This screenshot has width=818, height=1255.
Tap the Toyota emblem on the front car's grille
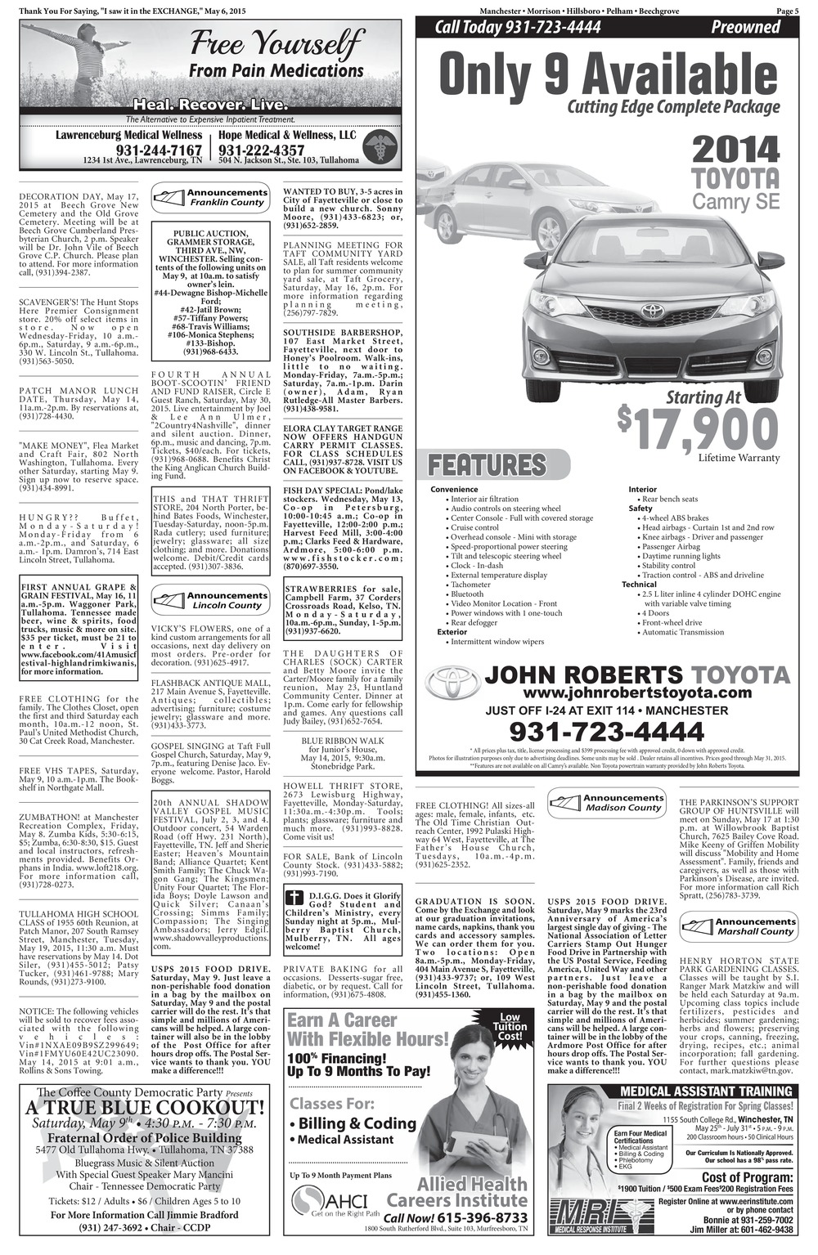tap(651, 312)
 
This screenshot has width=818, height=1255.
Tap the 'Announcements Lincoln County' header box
tap(211, 601)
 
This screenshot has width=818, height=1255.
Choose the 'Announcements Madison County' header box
tap(607, 802)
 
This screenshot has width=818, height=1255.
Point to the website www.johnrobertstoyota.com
tap(607, 692)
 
